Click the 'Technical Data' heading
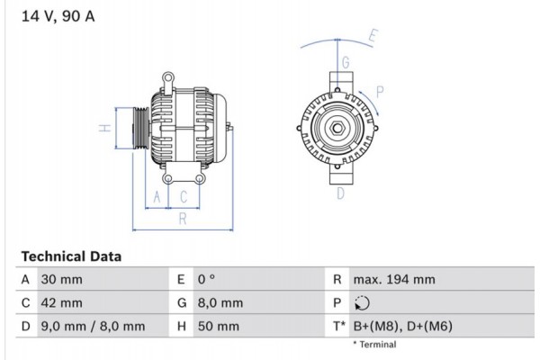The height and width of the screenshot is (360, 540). (70, 256)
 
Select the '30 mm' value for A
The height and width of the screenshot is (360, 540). (61, 280)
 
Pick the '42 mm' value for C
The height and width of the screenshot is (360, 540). (61, 303)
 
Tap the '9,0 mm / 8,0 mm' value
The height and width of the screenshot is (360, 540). (93, 326)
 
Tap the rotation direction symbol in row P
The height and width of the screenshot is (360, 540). (362, 303)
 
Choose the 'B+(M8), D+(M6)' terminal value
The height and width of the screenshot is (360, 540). (403, 326)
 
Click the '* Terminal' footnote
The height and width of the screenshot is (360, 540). (378, 344)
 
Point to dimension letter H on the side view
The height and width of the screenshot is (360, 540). (104, 129)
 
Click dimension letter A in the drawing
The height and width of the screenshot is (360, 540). (157, 195)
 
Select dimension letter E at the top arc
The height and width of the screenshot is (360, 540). (373, 38)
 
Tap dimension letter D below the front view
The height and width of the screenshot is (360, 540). (341, 193)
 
